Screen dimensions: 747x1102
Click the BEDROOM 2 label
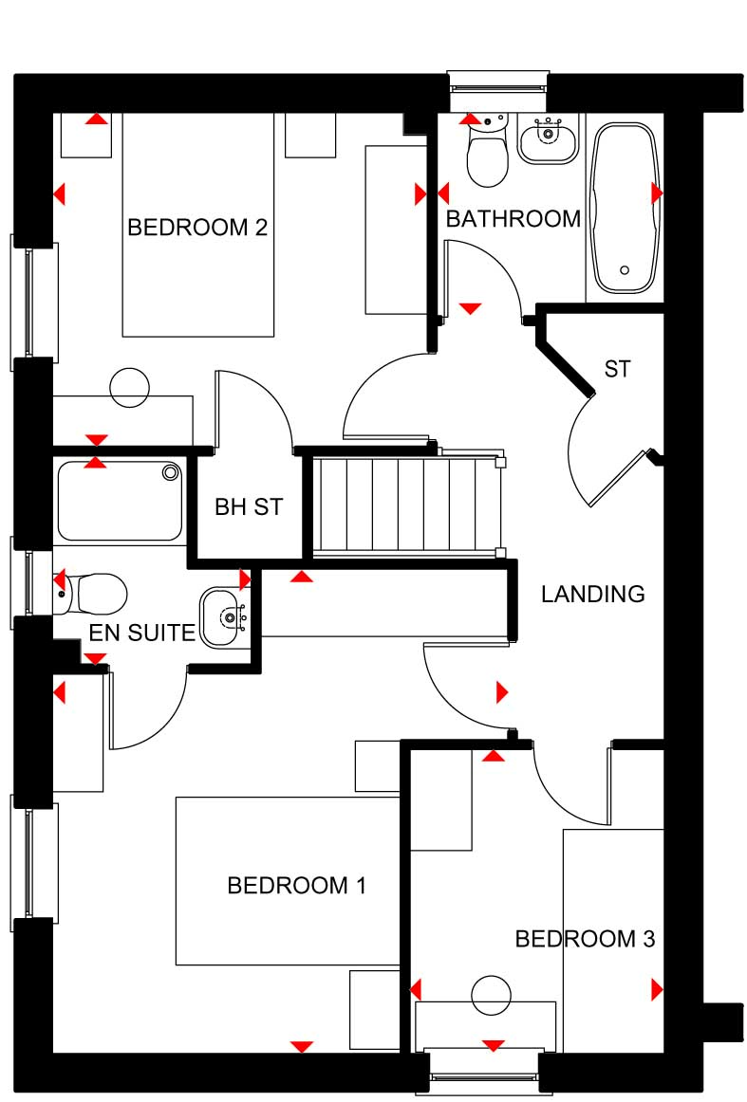coord(196,227)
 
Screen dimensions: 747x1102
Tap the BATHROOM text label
coord(514,218)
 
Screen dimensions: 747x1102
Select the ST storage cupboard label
coord(617,368)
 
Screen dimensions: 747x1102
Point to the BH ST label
coord(249,506)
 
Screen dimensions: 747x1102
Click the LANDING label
coord(593,594)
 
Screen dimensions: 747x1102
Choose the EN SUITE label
coord(141,633)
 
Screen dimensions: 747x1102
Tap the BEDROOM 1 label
coord(297,885)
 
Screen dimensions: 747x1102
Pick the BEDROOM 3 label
coord(586,938)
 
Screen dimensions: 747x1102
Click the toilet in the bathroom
coord(488,151)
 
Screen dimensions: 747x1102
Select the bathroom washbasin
coord(549,138)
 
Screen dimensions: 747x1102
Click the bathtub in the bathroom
coord(625,209)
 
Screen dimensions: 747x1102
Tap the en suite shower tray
coord(120,501)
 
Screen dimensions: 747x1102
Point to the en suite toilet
coord(91,594)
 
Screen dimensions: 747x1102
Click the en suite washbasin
coord(224,617)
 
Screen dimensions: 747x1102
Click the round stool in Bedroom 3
coord(491,995)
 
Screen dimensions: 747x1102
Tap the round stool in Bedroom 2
coord(130,387)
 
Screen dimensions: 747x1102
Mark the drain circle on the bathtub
coord(625,270)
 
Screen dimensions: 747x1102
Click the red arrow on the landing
coord(502,692)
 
